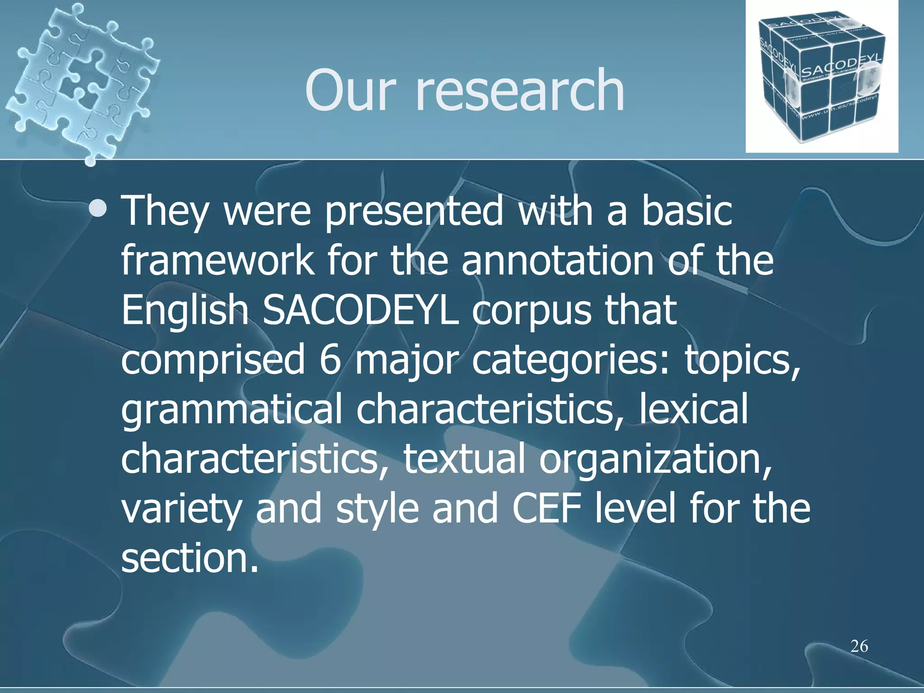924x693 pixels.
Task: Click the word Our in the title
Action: click(x=350, y=90)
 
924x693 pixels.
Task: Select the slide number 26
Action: click(x=859, y=646)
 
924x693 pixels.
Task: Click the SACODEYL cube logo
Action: click(x=821, y=77)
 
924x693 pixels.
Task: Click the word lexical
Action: click(x=693, y=409)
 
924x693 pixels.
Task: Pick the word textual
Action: click(x=464, y=459)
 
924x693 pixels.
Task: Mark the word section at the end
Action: click(x=189, y=559)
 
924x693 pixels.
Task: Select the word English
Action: click(x=185, y=311)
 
